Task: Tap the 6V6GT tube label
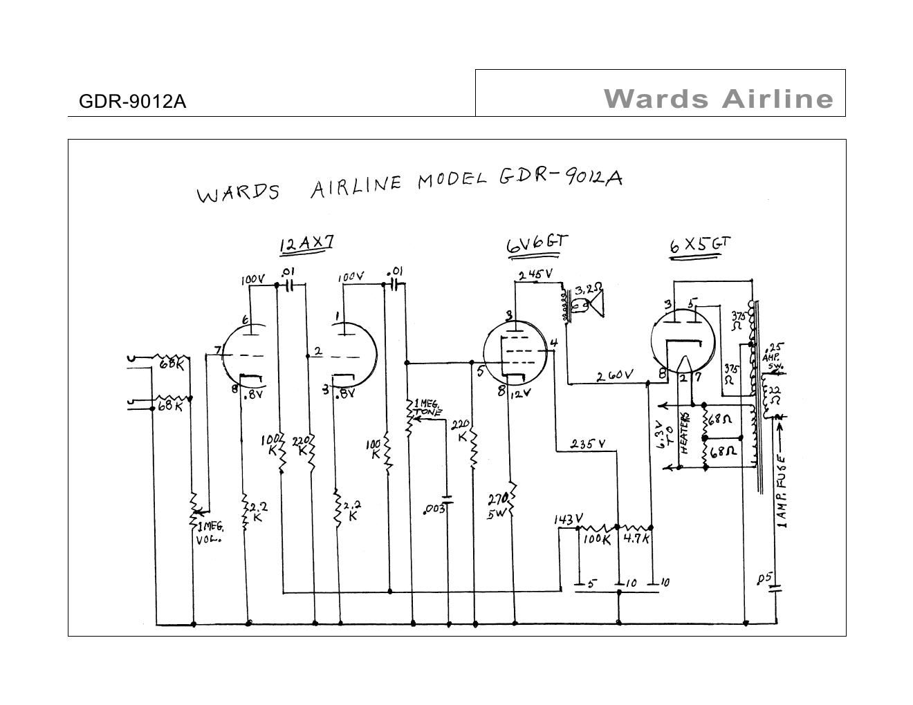[537, 243]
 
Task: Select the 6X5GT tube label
[699, 245]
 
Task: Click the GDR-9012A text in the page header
[132, 102]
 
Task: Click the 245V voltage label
[535, 274]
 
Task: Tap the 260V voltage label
[615, 375]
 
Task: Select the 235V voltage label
[587, 444]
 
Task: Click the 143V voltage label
[568, 519]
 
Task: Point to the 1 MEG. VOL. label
[210, 533]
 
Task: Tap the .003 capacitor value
[435, 510]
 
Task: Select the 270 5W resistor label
[499, 505]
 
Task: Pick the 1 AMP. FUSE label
[782, 491]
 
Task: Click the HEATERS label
[685, 433]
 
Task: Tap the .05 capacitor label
[765, 579]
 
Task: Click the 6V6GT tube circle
[515, 355]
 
